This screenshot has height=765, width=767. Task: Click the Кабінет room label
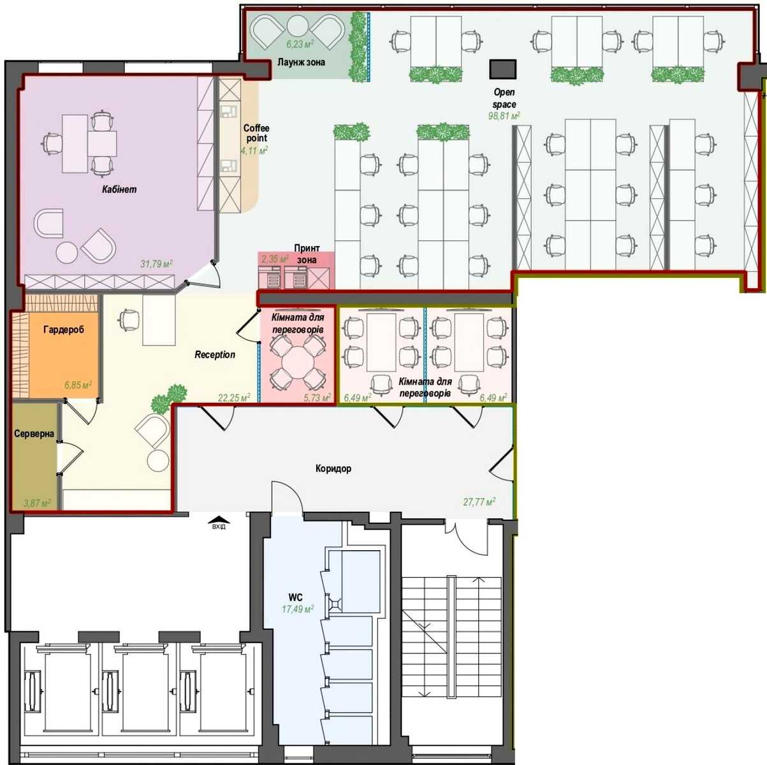pos(119,189)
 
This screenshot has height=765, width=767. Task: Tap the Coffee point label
pos(256,133)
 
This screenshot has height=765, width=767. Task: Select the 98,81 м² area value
pos(504,116)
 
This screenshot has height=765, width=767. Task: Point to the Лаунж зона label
pos(301,62)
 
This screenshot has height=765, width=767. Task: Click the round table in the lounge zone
pos(298,26)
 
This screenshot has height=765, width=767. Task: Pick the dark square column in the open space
pos(502,69)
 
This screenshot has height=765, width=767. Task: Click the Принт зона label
pos(307,254)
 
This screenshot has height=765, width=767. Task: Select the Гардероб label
pos(64,330)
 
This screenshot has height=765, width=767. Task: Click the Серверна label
pos(34,433)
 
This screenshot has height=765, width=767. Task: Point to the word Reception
pos(215,354)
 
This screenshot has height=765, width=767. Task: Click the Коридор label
pos(333,469)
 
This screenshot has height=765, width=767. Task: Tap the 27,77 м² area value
pos(479,502)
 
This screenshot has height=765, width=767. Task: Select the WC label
pos(295,597)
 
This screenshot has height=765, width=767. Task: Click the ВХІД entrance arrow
pos(219,522)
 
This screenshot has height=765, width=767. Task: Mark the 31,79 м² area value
pos(156,263)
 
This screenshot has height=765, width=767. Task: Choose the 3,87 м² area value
pos(37,503)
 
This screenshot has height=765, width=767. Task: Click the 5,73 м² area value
pos(318,397)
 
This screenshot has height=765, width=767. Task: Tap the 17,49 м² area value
pos(298,609)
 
